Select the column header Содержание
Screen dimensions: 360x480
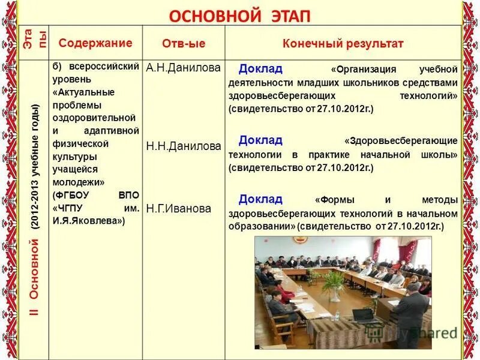click(x=95, y=43)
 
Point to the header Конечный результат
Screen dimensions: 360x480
click(x=343, y=44)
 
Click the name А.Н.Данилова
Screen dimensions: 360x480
click(x=183, y=68)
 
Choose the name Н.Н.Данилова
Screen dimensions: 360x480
click(x=183, y=146)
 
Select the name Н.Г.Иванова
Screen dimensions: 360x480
click(x=179, y=209)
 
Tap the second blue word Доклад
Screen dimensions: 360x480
click(x=260, y=140)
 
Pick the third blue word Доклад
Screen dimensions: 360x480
click(x=260, y=199)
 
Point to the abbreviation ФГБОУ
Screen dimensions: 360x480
click(x=70, y=196)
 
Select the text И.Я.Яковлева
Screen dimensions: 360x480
click(x=89, y=221)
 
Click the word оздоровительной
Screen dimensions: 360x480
click(x=94, y=117)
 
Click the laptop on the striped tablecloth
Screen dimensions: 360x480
click(x=364, y=316)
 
